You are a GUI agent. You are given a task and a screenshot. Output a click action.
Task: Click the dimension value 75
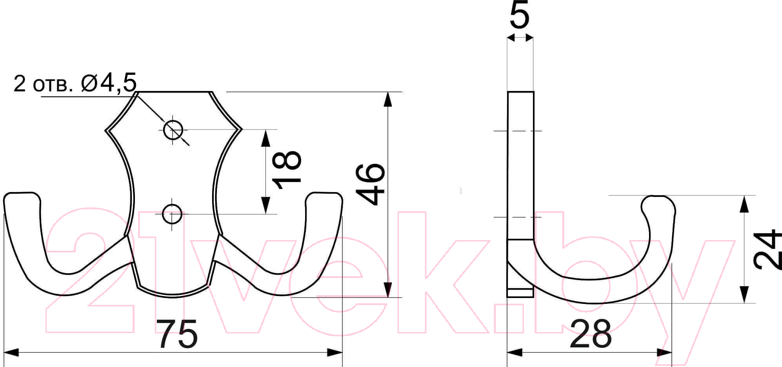pyautogui.click(x=177, y=334)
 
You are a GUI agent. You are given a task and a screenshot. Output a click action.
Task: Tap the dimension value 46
pyautogui.click(x=371, y=184)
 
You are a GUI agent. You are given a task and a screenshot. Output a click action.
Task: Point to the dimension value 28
pyautogui.click(x=590, y=334)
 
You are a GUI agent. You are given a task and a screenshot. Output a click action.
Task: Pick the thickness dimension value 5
pyautogui.click(x=520, y=15)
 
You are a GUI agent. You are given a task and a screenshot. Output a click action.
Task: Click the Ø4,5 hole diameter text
pyautogui.click(x=109, y=83)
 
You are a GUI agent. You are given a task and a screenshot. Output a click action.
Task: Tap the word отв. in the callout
pyautogui.click(x=53, y=85)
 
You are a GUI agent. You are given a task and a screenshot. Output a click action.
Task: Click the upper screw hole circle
pyautogui.click(x=173, y=130)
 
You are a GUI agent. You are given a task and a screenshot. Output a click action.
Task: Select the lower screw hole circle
pyautogui.click(x=172, y=214)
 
